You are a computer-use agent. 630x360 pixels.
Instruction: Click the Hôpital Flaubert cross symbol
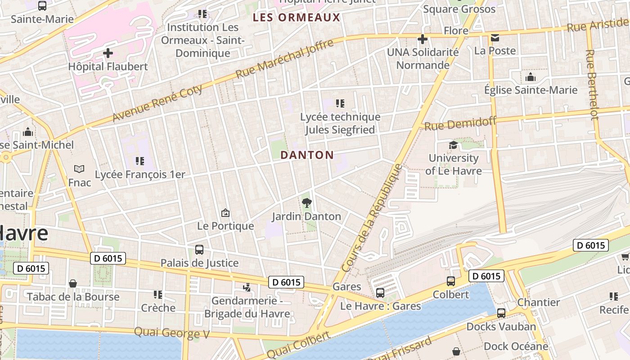108,53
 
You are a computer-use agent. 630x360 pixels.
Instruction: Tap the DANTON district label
307,155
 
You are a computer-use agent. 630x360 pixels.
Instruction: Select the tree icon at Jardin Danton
307,202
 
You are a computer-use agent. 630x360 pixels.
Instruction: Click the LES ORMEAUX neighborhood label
296,18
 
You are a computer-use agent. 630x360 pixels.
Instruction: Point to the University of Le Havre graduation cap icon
453,145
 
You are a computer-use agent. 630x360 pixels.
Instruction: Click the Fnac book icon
79,169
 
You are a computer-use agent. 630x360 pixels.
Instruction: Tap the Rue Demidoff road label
460,123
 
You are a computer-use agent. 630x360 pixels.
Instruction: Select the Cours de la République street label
372,218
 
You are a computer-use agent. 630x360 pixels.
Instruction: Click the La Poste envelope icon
495,38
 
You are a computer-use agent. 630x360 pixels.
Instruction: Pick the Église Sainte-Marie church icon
531,77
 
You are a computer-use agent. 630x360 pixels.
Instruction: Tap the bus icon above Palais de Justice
199,249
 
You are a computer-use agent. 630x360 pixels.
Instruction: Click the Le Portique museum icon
225,213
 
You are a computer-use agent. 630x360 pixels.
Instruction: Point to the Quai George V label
172,333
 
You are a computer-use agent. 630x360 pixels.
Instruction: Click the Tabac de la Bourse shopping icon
73,283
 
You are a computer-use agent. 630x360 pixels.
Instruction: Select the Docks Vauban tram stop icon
501,313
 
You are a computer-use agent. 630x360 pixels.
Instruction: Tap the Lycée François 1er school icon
139,161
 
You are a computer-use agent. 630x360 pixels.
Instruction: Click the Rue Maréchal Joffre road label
284,58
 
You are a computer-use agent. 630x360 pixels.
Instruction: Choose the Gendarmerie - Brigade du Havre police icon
247,287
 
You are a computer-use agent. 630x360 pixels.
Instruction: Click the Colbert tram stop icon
451,281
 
